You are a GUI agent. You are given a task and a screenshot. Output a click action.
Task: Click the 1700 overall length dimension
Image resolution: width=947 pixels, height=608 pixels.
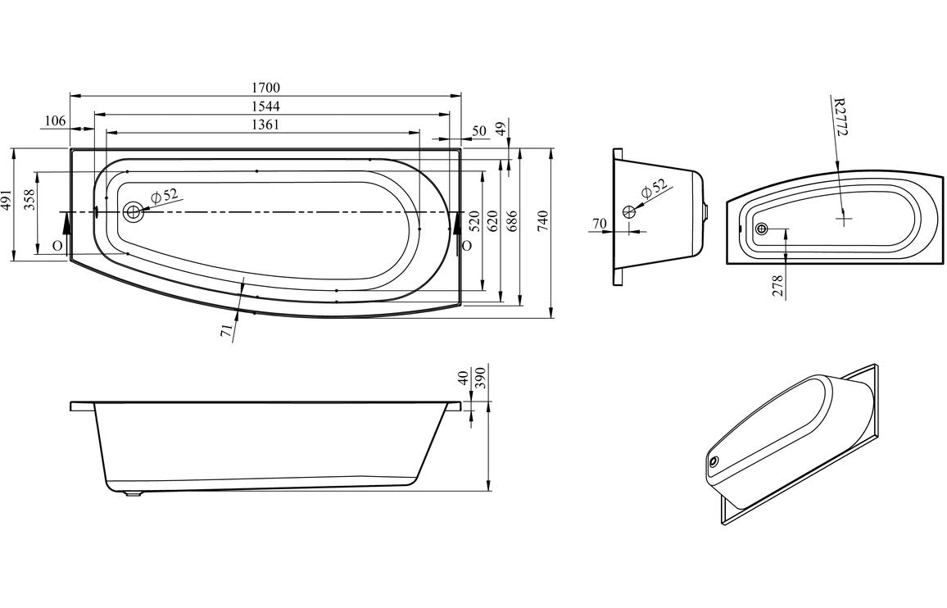point(266,87)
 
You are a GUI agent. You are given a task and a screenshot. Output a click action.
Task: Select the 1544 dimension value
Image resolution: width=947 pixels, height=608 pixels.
point(266,107)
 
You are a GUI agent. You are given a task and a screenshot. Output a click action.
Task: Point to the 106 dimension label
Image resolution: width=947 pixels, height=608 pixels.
point(54,121)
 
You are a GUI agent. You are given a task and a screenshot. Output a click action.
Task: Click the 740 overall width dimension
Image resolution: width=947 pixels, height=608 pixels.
point(541,221)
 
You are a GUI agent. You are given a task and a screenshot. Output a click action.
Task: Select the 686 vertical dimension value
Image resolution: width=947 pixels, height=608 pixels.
point(514,221)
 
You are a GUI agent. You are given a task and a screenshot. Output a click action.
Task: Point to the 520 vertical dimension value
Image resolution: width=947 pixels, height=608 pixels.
point(473,221)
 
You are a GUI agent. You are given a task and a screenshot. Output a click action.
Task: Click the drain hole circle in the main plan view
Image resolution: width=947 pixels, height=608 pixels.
point(133,212)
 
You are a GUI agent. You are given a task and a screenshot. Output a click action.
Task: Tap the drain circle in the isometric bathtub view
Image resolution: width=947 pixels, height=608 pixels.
point(717,463)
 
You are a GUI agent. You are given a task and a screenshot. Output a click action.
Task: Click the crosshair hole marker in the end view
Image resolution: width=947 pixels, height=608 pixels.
point(629,212)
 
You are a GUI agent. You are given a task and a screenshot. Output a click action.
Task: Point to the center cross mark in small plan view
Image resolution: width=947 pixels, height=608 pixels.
point(844,218)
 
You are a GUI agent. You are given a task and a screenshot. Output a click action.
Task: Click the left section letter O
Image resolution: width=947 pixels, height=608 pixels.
point(57,245)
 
